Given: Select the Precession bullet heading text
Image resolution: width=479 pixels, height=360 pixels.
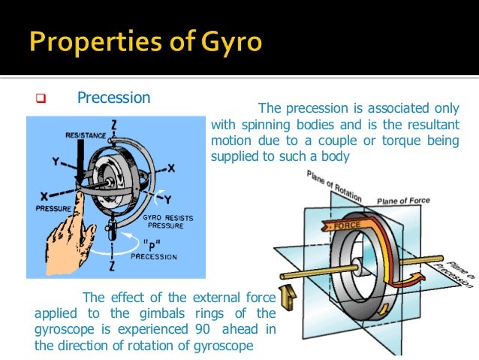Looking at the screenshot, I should (113, 98).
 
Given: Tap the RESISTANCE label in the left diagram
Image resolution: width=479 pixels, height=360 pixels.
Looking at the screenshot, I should (86, 135).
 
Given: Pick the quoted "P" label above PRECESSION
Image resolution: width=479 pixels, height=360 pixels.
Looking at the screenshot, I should (152, 244).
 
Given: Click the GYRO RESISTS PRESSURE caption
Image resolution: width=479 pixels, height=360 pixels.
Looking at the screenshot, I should (168, 222).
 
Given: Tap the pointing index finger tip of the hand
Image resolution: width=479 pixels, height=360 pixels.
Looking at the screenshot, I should (78, 200).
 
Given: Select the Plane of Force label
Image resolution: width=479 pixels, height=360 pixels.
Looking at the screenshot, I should (406, 200).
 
